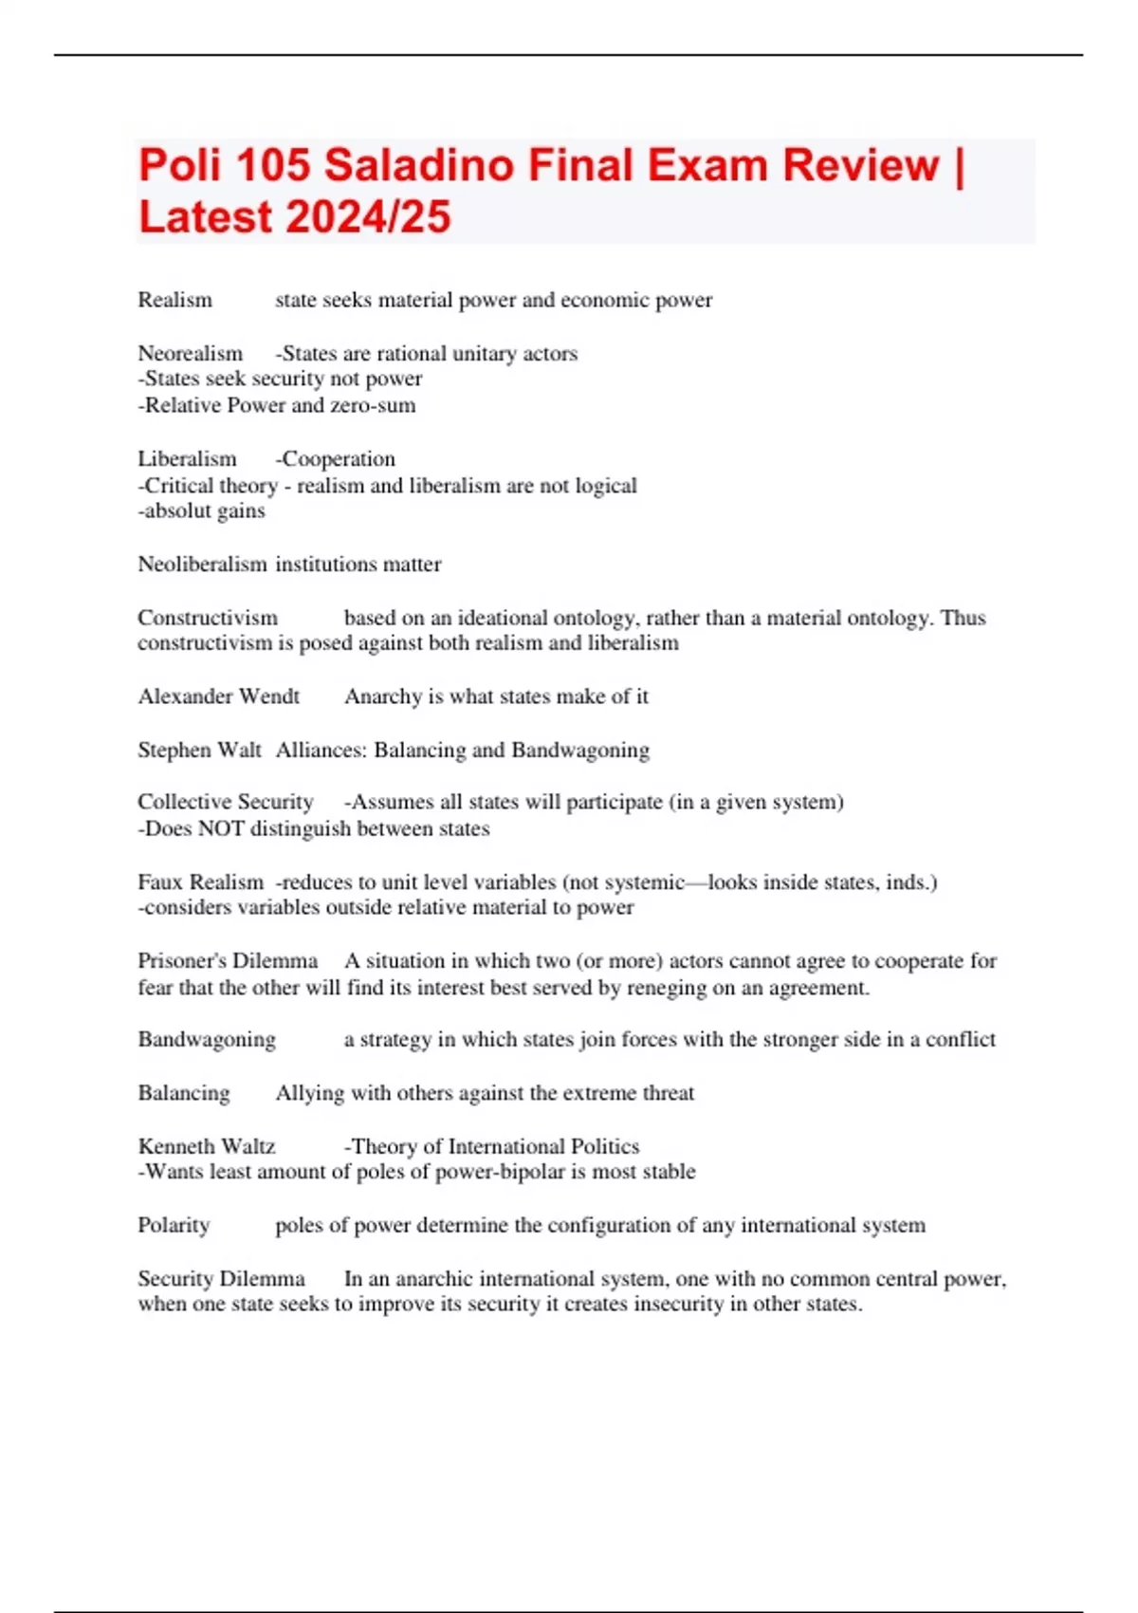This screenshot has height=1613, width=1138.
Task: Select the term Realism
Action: point(174,300)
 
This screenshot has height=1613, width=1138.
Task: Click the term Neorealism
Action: point(190,353)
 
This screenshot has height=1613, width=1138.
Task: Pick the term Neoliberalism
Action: point(202,564)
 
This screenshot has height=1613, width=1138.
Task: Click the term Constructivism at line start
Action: point(208,618)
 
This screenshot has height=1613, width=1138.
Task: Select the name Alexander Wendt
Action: point(218,696)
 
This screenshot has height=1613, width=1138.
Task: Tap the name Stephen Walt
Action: point(199,750)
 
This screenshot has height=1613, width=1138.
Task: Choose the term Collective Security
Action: point(225,802)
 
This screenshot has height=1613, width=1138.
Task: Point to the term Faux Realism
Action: point(200,881)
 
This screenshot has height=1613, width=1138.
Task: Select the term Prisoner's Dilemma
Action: point(228,960)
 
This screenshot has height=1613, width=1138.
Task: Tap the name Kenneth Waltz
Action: point(206,1146)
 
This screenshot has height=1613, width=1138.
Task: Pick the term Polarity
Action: point(174,1225)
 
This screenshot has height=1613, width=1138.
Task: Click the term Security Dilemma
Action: point(221,1278)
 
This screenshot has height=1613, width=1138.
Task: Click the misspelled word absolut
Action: point(176,510)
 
